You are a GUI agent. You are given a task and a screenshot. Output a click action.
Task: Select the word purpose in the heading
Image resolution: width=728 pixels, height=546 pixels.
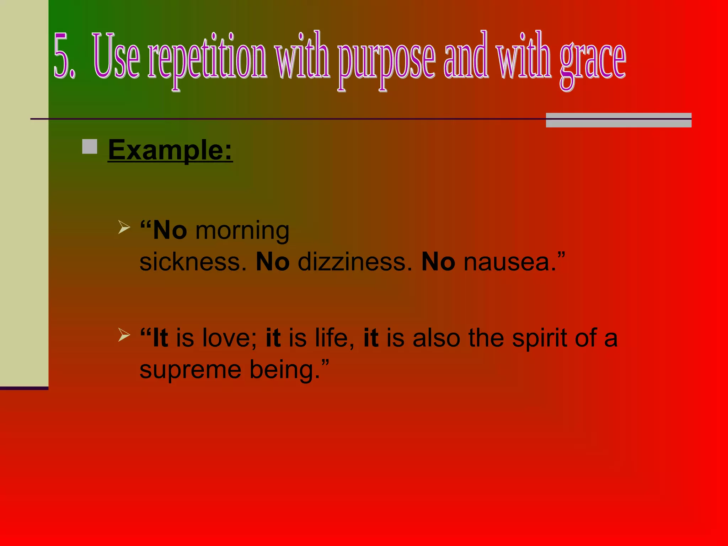coord(386,60)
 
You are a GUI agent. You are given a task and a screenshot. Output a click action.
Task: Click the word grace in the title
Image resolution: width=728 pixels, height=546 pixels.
coord(593,60)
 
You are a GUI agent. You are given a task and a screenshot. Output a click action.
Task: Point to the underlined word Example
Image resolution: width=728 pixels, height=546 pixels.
coord(170,150)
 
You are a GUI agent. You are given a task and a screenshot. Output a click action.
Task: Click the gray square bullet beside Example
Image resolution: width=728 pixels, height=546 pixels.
coord(90,146)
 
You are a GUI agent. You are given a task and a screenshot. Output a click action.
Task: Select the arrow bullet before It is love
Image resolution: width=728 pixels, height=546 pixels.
coord(124,334)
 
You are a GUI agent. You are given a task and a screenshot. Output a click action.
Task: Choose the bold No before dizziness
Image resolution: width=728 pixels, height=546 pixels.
coord(273,262)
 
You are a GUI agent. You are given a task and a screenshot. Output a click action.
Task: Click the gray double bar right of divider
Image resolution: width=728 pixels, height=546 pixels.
coord(619,120)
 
